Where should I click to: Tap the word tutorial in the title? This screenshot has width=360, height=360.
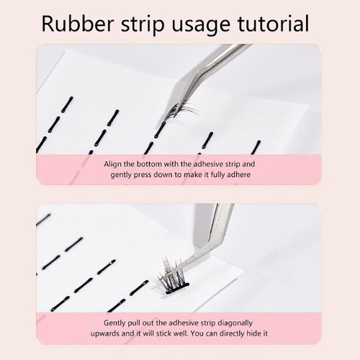click(x=273, y=23)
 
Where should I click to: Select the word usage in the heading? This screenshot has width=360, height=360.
click(x=201, y=26)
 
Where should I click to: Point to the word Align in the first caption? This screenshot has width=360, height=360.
click(x=113, y=164)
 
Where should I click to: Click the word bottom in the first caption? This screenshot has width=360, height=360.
click(x=149, y=164)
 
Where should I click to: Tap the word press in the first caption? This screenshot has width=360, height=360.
click(x=143, y=175)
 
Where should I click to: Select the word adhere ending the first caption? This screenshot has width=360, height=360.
click(x=238, y=174)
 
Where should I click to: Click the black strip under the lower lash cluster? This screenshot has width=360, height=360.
click(x=178, y=288)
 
